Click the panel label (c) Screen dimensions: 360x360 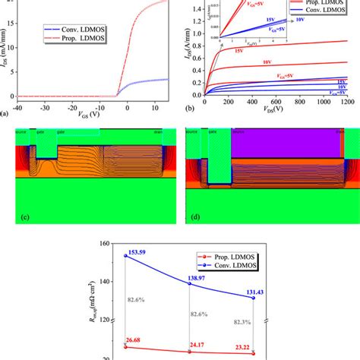point(24,219)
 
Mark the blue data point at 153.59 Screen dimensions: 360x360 point(125,256)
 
